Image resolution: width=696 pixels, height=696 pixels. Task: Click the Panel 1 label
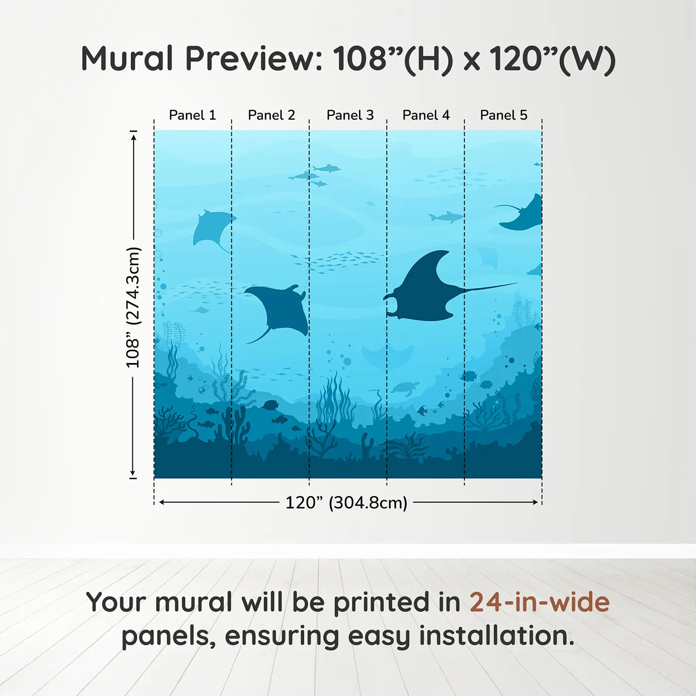(192, 115)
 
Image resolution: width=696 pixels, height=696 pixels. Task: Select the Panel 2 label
(271, 115)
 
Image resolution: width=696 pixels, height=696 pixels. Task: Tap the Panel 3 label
(350, 115)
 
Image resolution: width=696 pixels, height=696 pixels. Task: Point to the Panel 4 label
(426, 115)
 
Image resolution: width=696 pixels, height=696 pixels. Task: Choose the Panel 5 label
(504, 115)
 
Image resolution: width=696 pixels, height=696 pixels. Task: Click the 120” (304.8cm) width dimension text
(346, 503)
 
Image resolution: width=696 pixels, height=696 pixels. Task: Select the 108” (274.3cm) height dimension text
(133, 307)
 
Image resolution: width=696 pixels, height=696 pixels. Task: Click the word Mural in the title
(127, 59)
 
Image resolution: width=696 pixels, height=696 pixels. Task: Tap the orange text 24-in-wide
(539, 602)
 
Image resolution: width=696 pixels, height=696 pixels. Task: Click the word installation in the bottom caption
(496, 636)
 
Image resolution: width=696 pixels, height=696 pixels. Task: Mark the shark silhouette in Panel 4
(445, 217)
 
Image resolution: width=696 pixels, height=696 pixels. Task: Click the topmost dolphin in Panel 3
(327, 169)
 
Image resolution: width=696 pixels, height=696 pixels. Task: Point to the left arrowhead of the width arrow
(162, 502)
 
